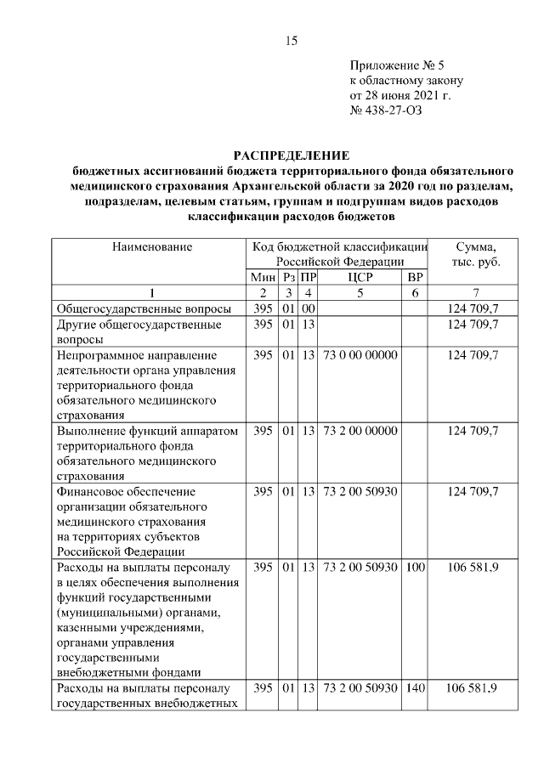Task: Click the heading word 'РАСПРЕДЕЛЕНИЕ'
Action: click(x=291, y=155)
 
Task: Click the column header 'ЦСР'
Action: click(x=360, y=277)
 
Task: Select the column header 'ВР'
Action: click(x=415, y=277)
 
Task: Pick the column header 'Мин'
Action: click(x=263, y=277)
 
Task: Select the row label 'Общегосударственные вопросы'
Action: click(x=139, y=308)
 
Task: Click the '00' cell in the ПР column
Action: click(x=309, y=308)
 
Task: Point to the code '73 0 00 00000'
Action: click(x=360, y=354)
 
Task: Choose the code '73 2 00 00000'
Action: click(x=360, y=431)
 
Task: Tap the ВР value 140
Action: click(x=415, y=687)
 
